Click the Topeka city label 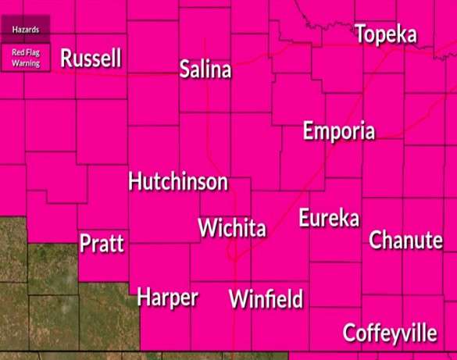(x=386, y=35)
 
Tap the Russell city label (x=91, y=59)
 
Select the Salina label (x=205, y=70)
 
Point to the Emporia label (x=339, y=131)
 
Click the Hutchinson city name (x=178, y=182)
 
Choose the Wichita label (x=232, y=229)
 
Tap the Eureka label (x=329, y=218)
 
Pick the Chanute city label (x=405, y=240)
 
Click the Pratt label (x=102, y=244)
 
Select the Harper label (x=167, y=298)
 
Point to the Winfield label (x=266, y=299)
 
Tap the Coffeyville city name (x=390, y=333)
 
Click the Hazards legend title (x=25, y=29)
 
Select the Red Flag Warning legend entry (x=25, y=57)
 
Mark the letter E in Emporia (x=309, y=131)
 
